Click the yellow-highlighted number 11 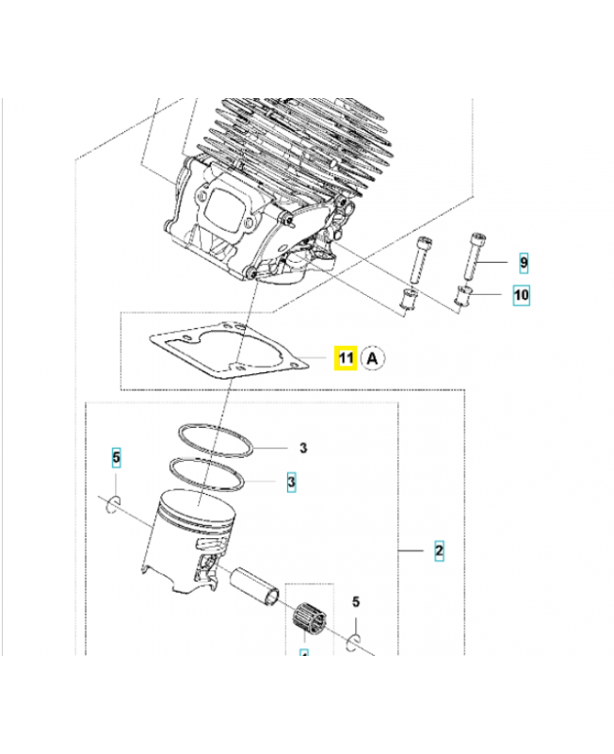[346, 358]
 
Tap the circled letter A [374, 358]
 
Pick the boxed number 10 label [521, 295]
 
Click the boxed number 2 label [439, 549]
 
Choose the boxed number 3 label [292, 482]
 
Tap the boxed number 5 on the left [117, 459]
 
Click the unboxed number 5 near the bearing [356, 601]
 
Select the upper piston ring [218, 437]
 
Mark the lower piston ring [206, 473]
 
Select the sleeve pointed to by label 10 [464, 297]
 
